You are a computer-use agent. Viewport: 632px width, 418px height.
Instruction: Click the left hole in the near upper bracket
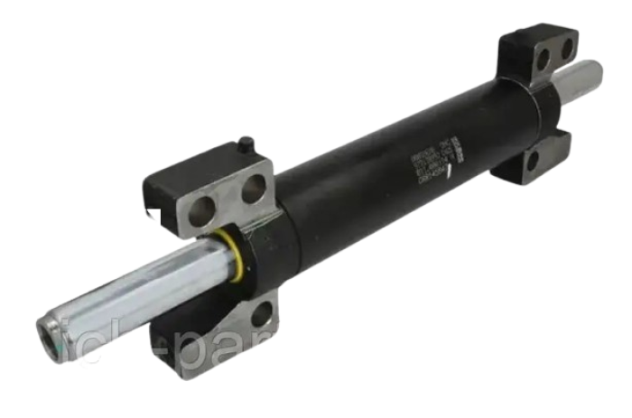[x=205, y=210]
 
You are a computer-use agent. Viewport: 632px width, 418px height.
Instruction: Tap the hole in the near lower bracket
[x=261, y=314]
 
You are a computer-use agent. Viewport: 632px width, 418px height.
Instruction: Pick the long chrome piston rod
[x=135, y=289]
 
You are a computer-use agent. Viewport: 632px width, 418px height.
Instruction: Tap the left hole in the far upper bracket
[x=543, y=60]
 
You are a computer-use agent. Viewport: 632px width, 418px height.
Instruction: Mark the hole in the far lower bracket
[x=533, y=162]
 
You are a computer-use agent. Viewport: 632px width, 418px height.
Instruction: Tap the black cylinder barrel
[x=397, y=172]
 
